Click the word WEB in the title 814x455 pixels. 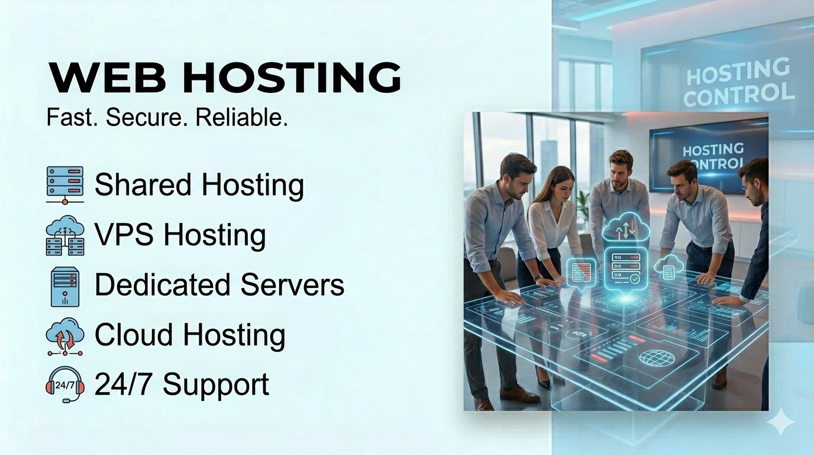108,78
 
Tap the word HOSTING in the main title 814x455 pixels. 292,78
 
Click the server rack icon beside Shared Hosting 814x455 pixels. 65,185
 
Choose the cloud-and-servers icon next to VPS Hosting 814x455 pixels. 65,235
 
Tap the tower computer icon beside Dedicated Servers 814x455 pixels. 65,287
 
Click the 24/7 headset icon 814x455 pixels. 65,384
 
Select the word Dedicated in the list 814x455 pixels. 162,284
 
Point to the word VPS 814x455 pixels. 124,235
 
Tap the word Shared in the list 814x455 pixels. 143,184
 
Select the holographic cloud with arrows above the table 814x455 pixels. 626,226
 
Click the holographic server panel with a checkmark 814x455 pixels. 626,268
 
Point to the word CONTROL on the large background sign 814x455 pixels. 739,94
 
